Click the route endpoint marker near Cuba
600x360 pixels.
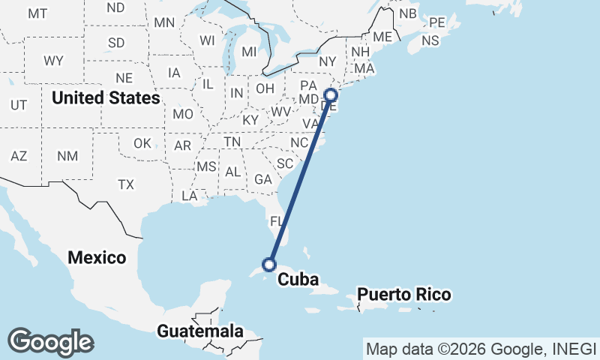click(269, 264)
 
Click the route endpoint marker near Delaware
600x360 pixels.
click(331, 94)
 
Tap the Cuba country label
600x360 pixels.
click(298, 280)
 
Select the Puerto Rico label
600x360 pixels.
click(404, 294)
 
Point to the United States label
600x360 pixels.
click(106, 97)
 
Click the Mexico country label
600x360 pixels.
click(97, 257)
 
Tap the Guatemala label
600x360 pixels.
click(200, 331)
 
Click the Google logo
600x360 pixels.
click(50, 342)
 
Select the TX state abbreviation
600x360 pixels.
click(125, 184)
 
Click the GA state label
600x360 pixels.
click(263, 179)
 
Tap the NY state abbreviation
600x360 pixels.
click(327, 61)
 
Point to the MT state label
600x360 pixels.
click(37, 13)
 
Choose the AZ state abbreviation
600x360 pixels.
click(19, 156)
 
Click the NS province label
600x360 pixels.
click(430, 41)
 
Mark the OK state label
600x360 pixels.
click(142, 143)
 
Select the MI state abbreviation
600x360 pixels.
click(249, 52)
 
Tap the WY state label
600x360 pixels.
click(53, 61)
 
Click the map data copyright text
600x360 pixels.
click(480, 348)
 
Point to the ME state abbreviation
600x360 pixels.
click(382, 37)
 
